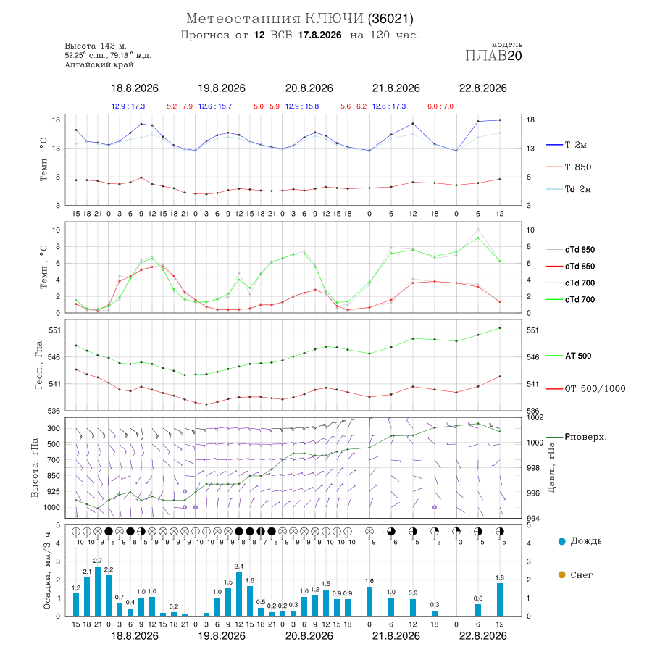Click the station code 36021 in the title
click(x=391, y=19)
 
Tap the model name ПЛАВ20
click(x=493, y=56)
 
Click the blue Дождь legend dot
click(x=561, y=541)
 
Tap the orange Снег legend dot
click(x=561, y=575)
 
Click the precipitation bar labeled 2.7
click(x=98, y=591)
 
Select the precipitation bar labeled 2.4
click(x=239, y=594)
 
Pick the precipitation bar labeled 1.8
click(x=500, y=599)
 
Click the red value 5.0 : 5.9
click(x=267, y=106)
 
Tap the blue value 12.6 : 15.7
click(x=215, y=106)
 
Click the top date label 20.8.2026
click(x=309, y=88)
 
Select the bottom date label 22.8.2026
click(x=482, y=636)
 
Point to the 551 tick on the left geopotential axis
click(x=55, y=330)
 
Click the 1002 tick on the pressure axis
click(x=535, y=417)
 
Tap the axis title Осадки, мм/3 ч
click(x=47, y=571)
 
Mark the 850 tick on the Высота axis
click(x=53, y=476)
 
